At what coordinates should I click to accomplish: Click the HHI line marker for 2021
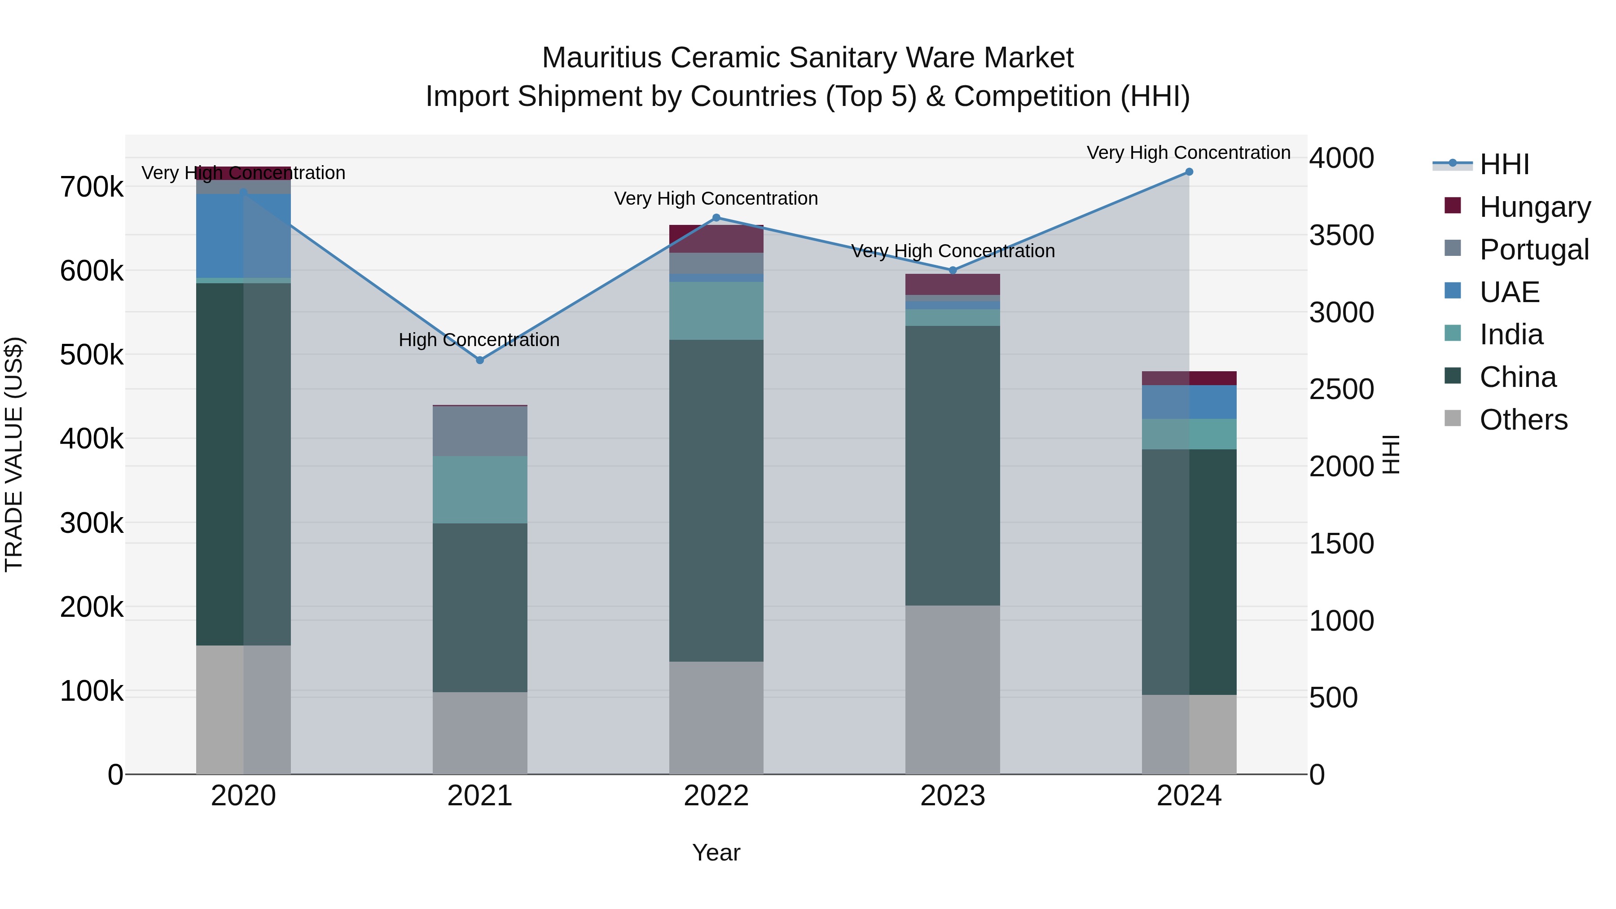tap(480, 360)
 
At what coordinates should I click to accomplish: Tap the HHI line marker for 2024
tap(1189, 172)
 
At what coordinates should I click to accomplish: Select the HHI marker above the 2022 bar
tap(716, 218)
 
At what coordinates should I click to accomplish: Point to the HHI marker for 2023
tap(952, 270)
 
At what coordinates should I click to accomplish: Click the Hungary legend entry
tap(1534, 207)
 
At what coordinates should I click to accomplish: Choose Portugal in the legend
tap(1534, 250)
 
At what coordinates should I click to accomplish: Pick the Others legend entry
tap(1523, 420)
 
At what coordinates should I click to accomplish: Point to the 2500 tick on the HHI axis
tap(1341, 390)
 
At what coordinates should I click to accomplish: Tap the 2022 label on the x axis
tap(716, 796)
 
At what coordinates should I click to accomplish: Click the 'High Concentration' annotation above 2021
tap(479, 340)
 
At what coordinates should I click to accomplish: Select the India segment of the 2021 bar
tap(480, 489)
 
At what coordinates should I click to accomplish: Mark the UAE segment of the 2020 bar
tap(243, 236)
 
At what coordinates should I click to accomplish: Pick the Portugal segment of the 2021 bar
tap(480, 431)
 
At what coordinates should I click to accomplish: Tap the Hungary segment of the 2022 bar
tap(716, 238)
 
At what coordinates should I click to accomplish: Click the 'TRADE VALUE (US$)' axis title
tap(14, 454)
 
